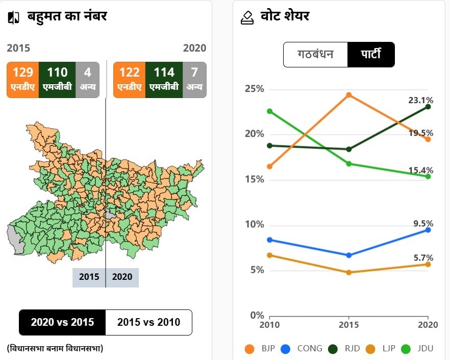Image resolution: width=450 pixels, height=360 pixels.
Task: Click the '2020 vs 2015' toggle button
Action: pyautogui.click(x=62, y=322)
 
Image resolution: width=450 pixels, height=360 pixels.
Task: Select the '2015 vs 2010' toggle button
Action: pyautogui.click(x=148, y=322)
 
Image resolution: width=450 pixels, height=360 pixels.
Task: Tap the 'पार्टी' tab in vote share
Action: pyautogui.click(x=371, y=54)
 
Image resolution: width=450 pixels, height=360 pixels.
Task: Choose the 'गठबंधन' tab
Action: pyautogui.click(x=315, y=54)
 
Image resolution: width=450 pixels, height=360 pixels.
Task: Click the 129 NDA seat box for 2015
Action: pyautogui.click(x=23, y=79)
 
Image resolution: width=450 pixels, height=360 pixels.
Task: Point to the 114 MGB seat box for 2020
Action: pyautogui.click(x=164, y=79)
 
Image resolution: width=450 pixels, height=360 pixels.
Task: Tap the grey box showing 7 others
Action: pyautogui.click(x=194, y=79)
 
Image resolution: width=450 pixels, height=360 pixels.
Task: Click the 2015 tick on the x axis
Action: pyautogui.click(x=349, y=325)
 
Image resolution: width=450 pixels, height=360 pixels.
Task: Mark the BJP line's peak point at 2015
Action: pyautogui.click(x=349, y=95)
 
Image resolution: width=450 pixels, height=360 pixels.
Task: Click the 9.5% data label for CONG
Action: pyautogui.click(x=423, y=224)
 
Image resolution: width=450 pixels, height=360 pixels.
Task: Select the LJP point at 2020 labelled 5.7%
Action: pyautogui.click(x=428, y=264)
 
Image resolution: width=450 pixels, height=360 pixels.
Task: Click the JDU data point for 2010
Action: pyautogui.click(x=270, y=111)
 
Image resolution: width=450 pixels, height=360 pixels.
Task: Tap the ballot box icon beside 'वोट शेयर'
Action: pyautogui.click(x=247, y=17)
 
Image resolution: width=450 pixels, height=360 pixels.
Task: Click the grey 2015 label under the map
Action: pyautogui.click(x=89, y=277)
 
